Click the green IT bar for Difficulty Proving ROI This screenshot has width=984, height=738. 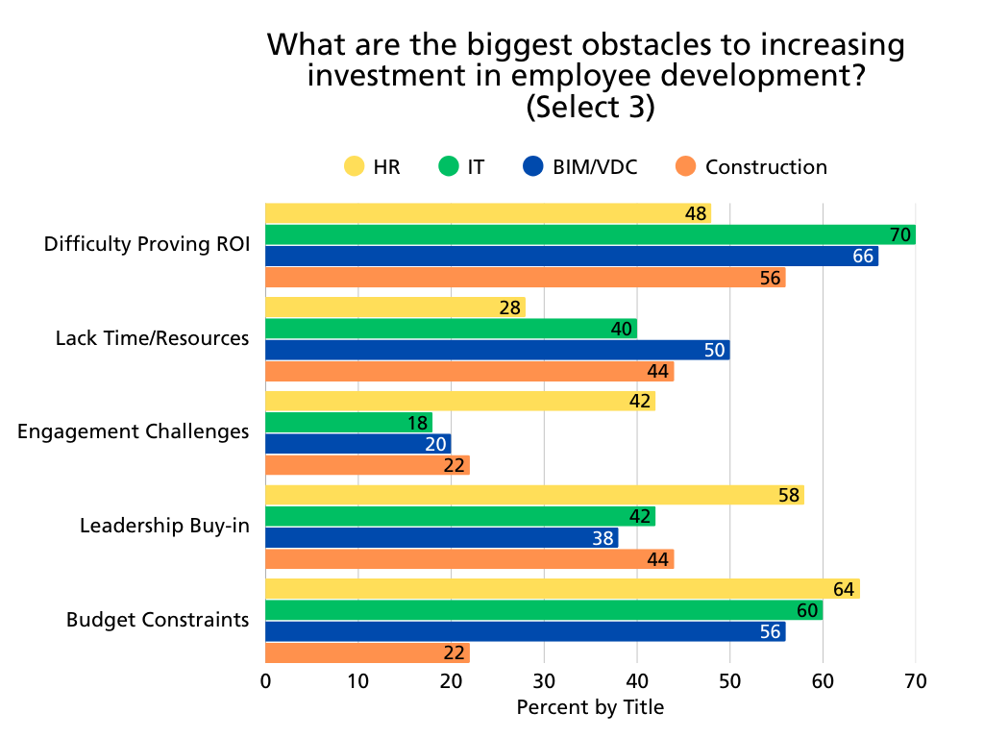point(590,234)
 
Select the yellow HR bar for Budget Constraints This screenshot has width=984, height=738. point(562,589)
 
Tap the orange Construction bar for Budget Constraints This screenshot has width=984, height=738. point(367,652)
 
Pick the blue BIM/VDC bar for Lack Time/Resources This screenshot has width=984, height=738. point(497,350)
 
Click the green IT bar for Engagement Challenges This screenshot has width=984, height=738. point(349,423)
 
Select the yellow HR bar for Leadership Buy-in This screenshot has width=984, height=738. point(534,495)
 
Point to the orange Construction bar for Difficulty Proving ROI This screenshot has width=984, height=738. point(525,278)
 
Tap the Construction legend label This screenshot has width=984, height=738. point(766,166)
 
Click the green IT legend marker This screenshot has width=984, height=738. point(449,166)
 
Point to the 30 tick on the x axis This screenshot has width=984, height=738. point(544,682)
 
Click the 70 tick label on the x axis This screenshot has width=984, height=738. point(916,682)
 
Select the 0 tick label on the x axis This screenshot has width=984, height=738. point(265,682)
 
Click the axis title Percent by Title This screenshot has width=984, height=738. point(590,708)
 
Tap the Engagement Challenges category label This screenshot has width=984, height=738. point(134,432)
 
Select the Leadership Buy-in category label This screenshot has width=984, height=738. point(164,526)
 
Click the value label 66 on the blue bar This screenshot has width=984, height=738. point(862,257)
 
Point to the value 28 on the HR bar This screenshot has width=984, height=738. point(509,307)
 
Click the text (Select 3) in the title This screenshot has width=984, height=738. point(590,107)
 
